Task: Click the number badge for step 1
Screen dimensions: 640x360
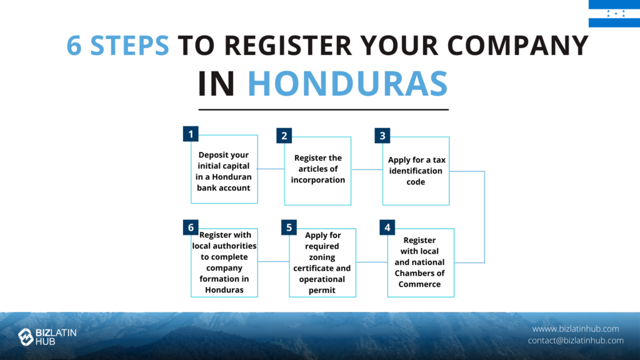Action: (x=191, y=134)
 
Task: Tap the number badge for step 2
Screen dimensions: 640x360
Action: (x=284, y=136)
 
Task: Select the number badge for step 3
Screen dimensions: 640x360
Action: (x=382, y=136)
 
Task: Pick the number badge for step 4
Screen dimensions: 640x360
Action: (x=387, y=227)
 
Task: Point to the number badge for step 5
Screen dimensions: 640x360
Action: (x=289, y=227)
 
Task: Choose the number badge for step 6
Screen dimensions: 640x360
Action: (x=191, y=227)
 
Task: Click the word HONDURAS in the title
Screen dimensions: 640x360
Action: (x=347, y=84)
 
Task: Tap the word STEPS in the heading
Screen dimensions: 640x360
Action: (x=129, y=45)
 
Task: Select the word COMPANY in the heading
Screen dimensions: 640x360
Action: (x=518, y=45)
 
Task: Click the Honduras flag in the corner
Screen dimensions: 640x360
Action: (x=614, y=14)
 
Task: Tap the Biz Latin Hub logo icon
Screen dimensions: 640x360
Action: (x=26, y=337)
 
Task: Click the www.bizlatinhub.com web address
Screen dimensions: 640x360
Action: (x=576, y=329)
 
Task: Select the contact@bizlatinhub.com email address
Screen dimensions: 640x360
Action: (x=576, y=341)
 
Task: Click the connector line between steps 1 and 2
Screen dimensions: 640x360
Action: (x=271, y=169)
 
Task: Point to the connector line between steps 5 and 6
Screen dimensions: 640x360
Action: (x=274, y=262)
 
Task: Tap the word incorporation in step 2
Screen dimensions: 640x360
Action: (x=318, y=180)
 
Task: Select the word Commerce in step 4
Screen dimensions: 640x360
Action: (x=419, y=284)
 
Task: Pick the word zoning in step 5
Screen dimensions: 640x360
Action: (x=322, y=257)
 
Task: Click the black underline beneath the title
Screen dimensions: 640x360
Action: (x=324, y=109)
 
